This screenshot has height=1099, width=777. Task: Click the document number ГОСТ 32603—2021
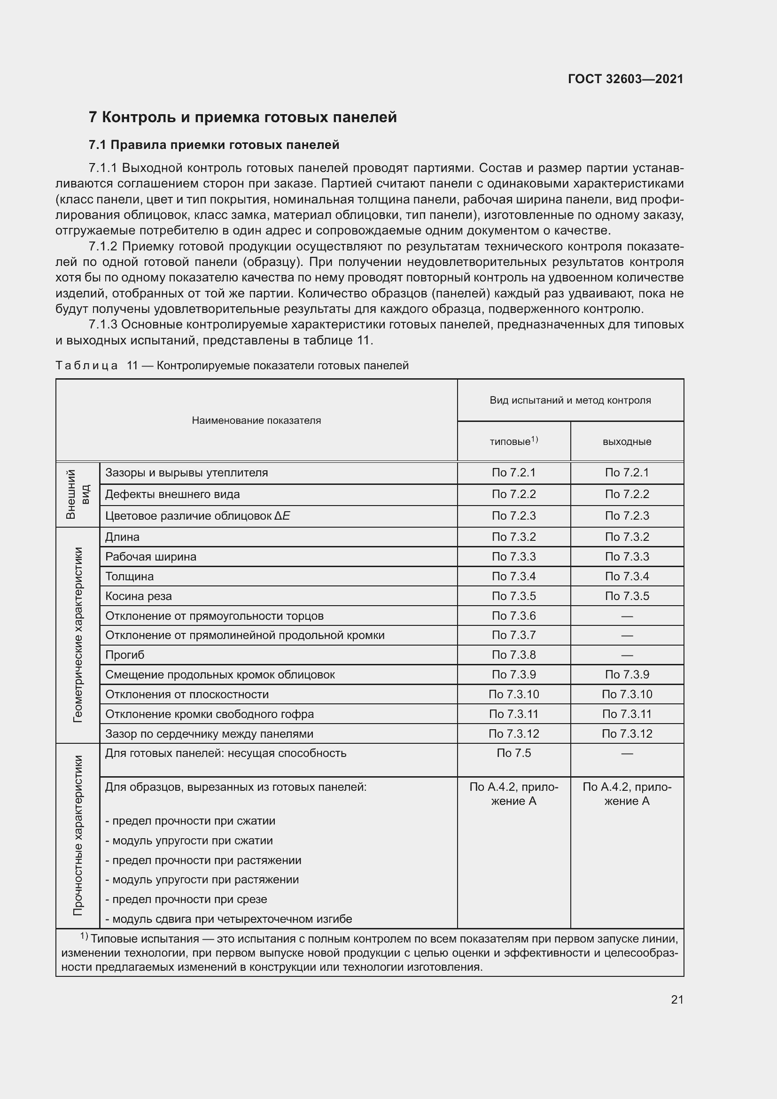(x=625, y=79)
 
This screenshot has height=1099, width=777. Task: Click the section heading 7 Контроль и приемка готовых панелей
(x=242, y=117)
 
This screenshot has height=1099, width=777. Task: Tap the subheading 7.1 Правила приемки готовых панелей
(x=214, y=145)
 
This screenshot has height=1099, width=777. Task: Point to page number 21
(x=677, y=999)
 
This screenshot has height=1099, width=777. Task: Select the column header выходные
(x=627, y=442)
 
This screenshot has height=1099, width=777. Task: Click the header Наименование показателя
(x=256, y=420)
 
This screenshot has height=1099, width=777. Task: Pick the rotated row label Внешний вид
(x=77, y=494)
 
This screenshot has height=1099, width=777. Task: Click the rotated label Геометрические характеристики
(x=78, y=635)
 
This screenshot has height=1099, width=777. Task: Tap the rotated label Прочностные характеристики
(x=78, y=835)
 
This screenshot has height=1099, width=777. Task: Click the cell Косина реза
(x=138, y=596)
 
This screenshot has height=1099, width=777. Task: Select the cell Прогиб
(x=124, y=655)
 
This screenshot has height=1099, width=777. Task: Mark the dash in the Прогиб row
(x=627, y=655)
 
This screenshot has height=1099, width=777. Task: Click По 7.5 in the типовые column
(x=513, y=753)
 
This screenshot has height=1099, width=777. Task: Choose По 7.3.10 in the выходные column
(x=627, y=694)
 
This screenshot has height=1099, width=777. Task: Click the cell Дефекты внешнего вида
(x=172, y=494)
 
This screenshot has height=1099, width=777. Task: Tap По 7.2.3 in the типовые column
(x=513, y=515)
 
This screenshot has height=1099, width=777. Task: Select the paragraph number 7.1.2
(x=103, y=247)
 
